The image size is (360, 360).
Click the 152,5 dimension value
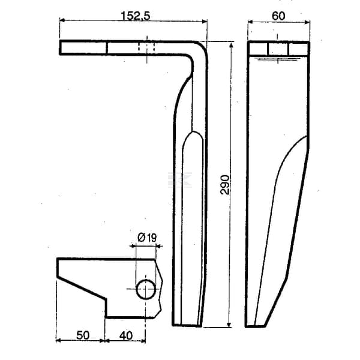click(135, 16)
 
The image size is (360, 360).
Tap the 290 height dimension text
click(225, 185)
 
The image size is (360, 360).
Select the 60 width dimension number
click(278, 16)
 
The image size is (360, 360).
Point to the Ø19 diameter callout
click(147, 238)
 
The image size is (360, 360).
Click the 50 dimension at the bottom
click(83, 335)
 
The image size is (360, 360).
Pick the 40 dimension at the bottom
click(126, 335)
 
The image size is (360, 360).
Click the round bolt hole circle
click(146, 289)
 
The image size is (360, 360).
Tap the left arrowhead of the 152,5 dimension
click(62, 20)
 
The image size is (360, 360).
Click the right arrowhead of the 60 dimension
click(307, 22)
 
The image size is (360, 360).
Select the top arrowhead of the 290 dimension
click(232, 45)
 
